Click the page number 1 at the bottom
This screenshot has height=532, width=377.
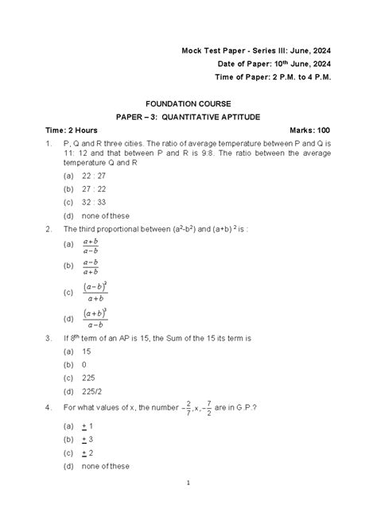point(188,505)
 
